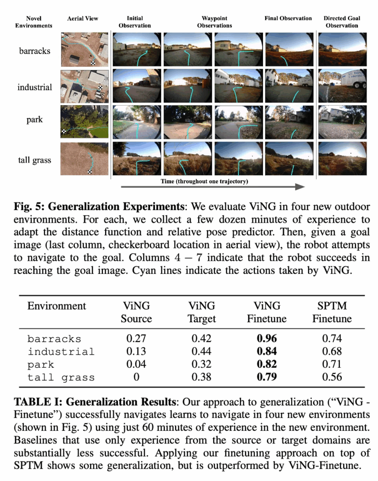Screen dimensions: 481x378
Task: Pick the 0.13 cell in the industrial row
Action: pos(136,351)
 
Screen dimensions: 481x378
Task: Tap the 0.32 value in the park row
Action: pos(202,365)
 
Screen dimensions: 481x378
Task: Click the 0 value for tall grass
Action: pos(136,377)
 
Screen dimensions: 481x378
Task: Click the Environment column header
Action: pos(56,306)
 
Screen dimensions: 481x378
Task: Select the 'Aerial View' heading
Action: pos(83,19)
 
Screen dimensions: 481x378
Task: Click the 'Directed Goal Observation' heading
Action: pos(341,22)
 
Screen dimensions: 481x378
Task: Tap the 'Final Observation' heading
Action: pos(288,19)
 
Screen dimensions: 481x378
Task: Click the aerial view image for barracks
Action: pos(85,49)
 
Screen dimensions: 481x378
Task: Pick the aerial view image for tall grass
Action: pos(85,159)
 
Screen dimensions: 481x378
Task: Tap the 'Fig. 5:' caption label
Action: pos(29,207)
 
